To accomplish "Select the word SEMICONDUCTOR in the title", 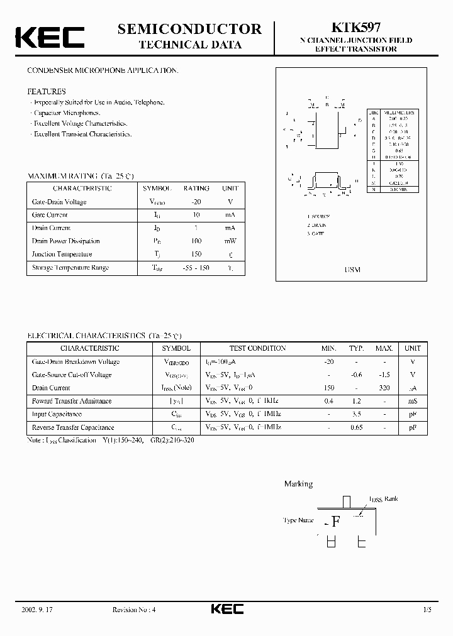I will pos(189,28).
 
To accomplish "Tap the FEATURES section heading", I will pos(46,91).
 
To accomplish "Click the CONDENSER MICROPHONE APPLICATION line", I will pos(102,71).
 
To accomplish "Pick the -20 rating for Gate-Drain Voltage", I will pos(196,202).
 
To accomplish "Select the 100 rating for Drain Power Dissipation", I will pos(196,241).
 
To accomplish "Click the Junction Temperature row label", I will pos(62,255).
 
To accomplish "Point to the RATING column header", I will pos(196,189).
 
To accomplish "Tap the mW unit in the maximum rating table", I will pos(230,241).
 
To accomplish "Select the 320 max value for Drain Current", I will pos(384,388).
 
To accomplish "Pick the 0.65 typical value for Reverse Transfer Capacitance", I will pos(357,427).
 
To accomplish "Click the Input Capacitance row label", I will pos(57,414).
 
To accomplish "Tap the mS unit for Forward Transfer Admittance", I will pos(413,401).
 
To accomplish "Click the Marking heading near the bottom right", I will pos(298,484).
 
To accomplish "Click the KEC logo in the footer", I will pos(226,610).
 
